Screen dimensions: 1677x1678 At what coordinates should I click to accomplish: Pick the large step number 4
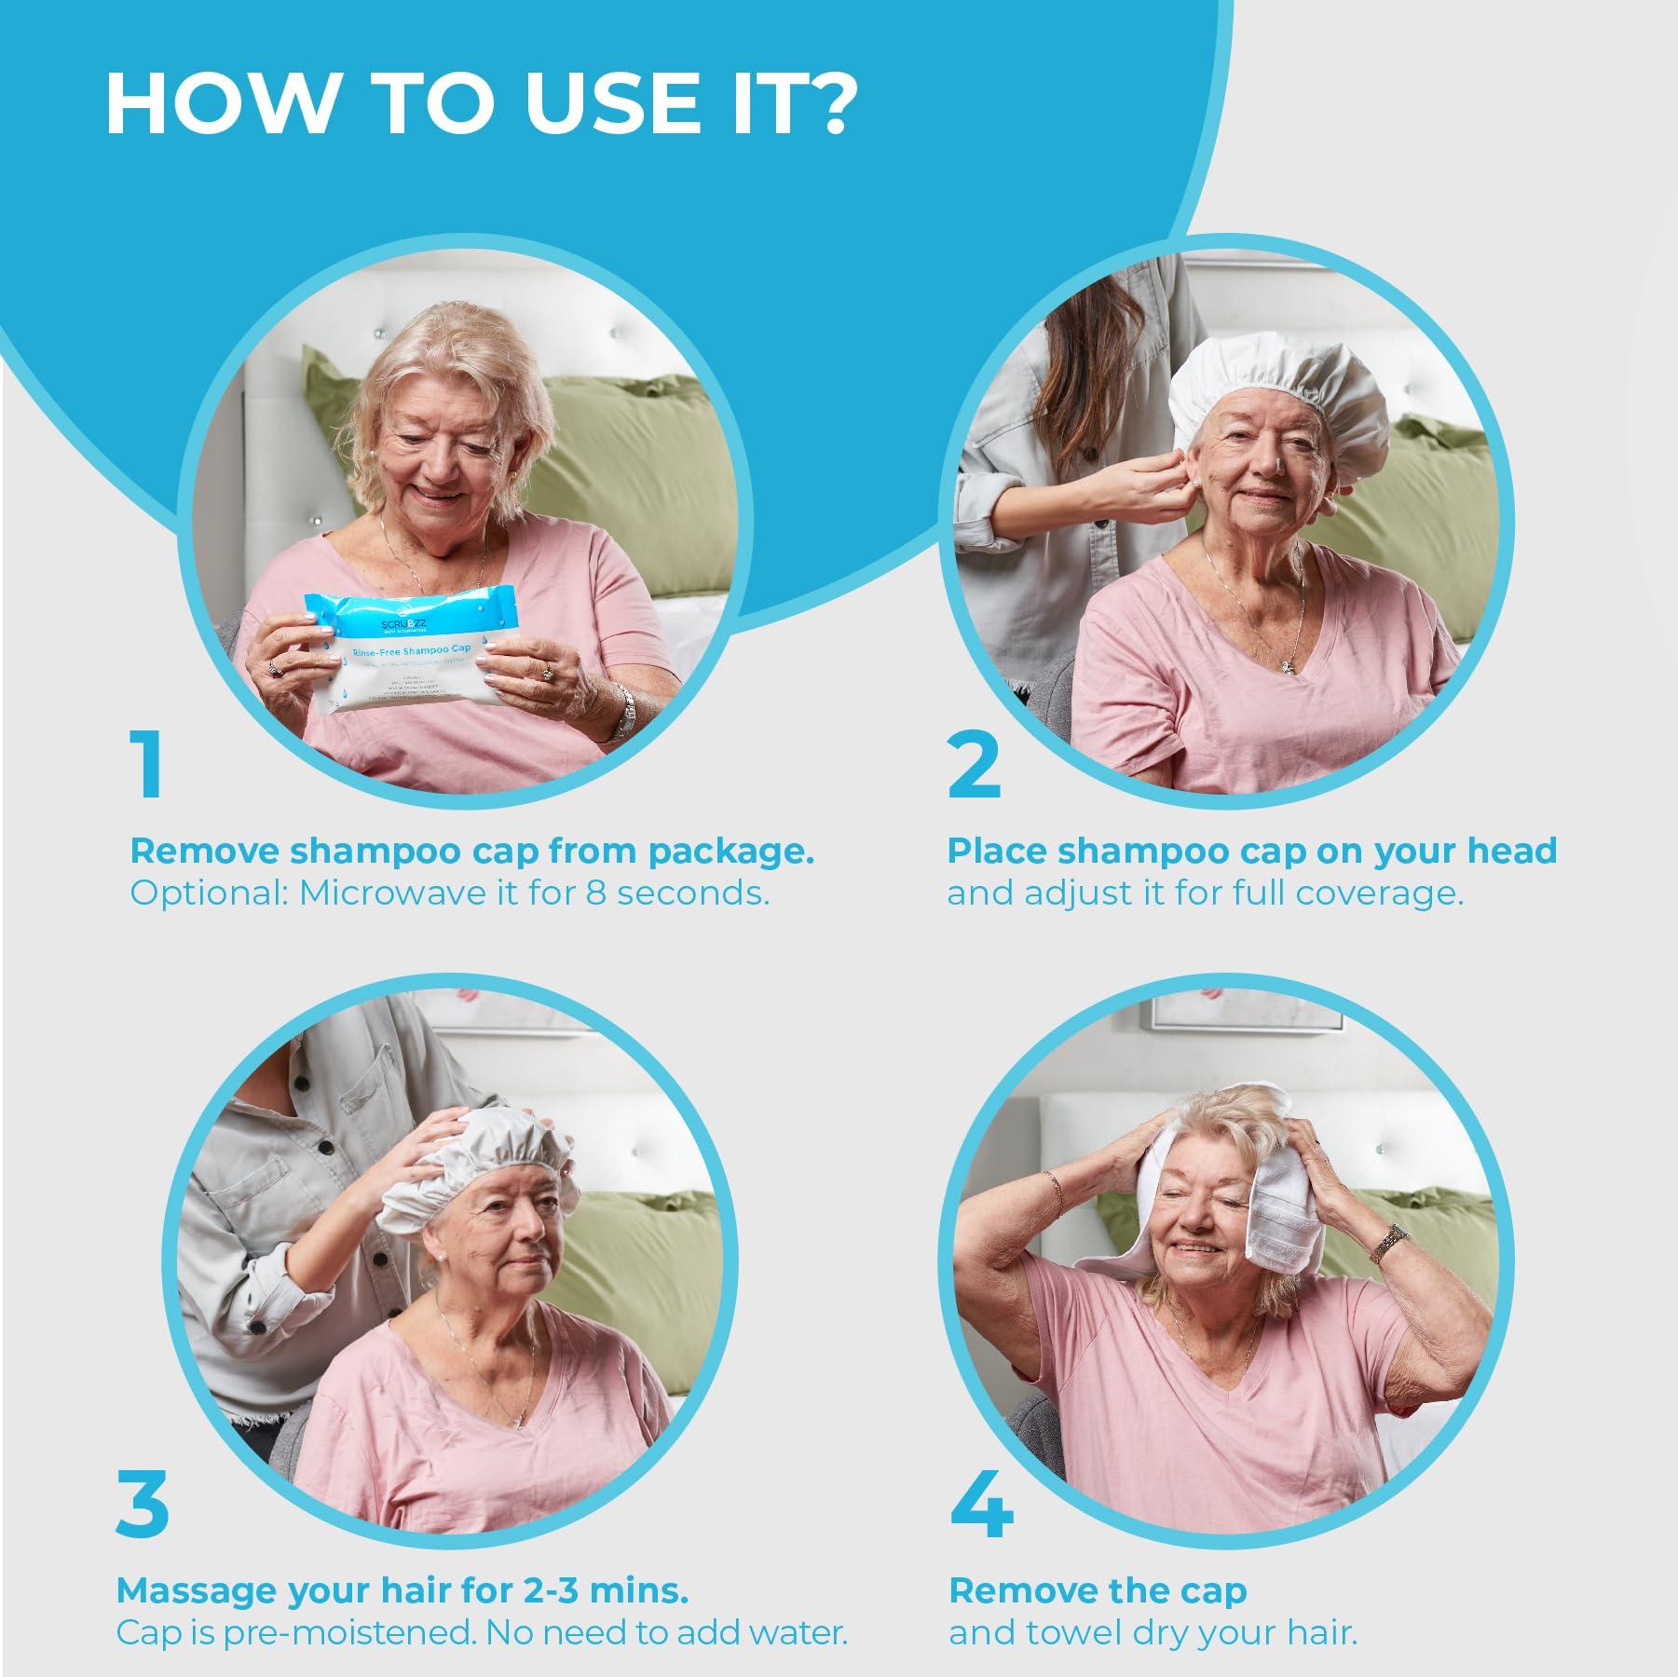tap(981, 1505)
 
